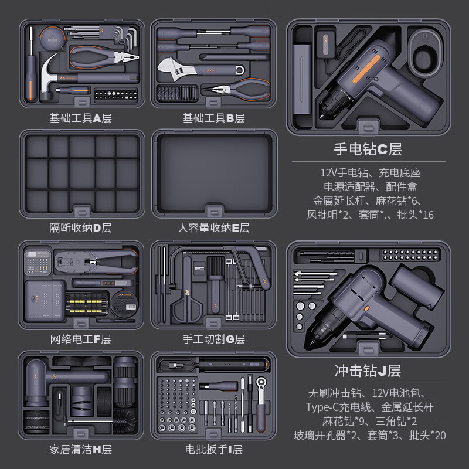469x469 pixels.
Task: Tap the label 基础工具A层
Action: click(x=80, y=118)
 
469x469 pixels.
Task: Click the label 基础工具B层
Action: click(x=213, y=118)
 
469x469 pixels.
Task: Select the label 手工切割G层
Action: click(x=213, y=339)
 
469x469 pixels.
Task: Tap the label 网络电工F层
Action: click(x=80, y=339)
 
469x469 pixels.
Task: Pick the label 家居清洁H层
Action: click(x=80, y=450)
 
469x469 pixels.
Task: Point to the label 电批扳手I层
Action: click(x=213, y=450)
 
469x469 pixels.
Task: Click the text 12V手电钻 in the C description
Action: click(x=342, y=173)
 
